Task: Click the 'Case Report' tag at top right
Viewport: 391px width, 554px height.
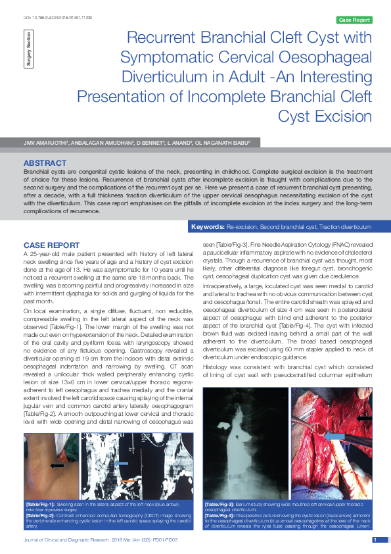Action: pyautogui.click(x=354, y=20)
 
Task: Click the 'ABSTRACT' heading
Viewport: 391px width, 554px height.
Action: pyautogui.click(x=44, y=163)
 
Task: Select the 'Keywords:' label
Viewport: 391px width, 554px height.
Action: pyautogui.click(x=208, y=227)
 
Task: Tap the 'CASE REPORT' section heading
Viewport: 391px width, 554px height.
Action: pyautogui.click(x=51, y=245)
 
